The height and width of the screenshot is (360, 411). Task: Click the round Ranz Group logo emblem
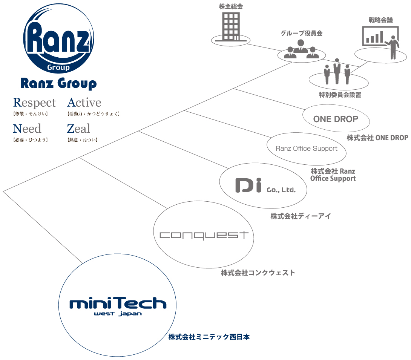click(58, 38)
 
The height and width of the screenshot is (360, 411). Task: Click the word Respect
click(34, 103)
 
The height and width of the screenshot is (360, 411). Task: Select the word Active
click(84, 102)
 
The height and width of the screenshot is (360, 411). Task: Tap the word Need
click(27, 129)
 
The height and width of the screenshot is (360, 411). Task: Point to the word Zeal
click(78, 129)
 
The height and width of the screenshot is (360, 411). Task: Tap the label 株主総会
click(231, 6)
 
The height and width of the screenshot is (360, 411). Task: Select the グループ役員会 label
click(302, 33)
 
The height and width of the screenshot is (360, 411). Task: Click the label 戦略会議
click(380, 20)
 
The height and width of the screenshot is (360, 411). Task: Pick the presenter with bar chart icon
click(381, 42)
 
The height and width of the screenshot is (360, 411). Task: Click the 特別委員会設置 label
click(340, 95)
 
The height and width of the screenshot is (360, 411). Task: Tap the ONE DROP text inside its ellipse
click(336, 119)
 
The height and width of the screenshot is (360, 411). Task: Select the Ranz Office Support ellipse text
click(307, 149)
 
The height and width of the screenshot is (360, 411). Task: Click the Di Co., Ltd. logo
click(265, 185)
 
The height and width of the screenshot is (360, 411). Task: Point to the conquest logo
click(204, 235)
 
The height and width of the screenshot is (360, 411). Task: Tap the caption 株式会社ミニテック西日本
click(209, 337)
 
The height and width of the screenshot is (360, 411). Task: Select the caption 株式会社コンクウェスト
click(258, 273)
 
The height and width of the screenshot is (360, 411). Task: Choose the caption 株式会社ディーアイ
click(301, 216)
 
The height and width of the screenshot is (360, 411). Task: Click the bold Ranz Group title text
click(58, 84)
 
